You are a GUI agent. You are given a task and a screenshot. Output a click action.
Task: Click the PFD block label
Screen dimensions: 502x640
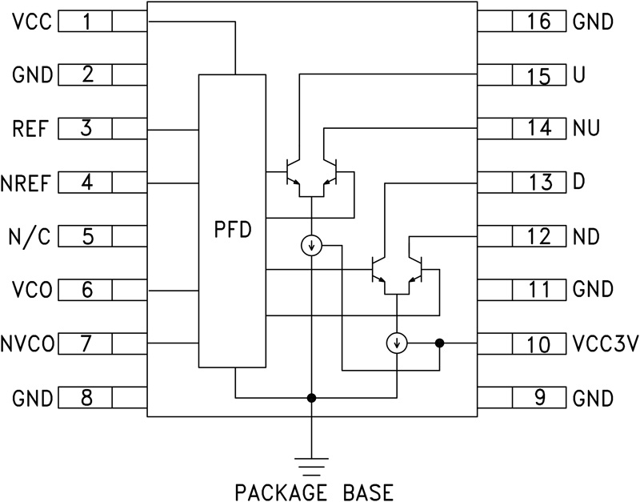click(x=233, y=231)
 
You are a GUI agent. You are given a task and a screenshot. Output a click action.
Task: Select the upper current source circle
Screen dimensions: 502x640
click(x=310, y=246)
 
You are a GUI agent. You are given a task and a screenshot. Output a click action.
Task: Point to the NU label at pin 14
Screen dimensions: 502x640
click(x=586, y=128)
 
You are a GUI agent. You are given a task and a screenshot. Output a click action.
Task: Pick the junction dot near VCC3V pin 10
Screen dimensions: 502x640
click(x=439, y=343)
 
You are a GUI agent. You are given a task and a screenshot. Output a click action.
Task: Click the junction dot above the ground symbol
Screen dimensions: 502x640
click(x=310, y=397)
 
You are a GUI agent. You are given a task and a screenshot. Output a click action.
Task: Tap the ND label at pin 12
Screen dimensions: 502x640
click(x=586, y=237)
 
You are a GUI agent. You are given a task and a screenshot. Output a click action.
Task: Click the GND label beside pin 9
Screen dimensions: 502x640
click(x=593, y=397)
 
